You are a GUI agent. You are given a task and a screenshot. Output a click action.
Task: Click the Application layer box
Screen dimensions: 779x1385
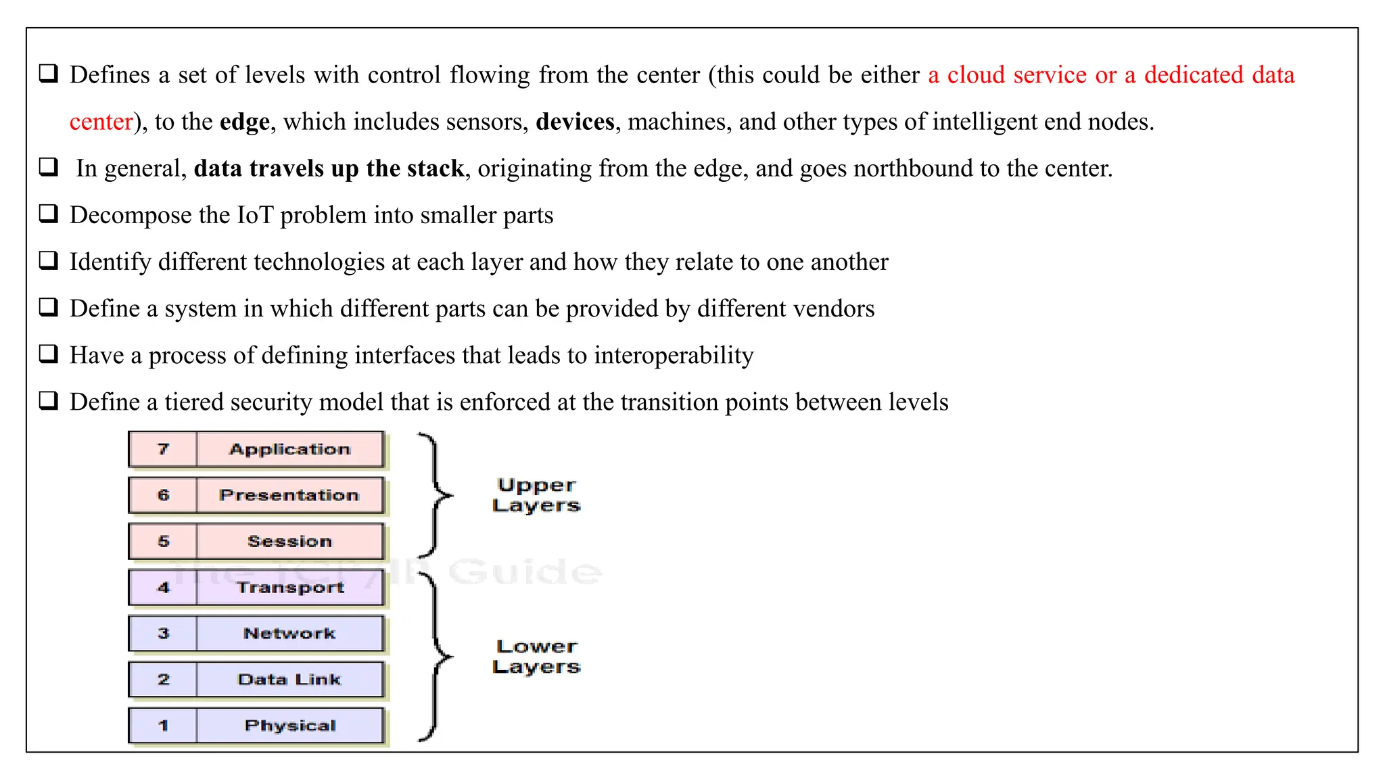click(x=289, y=450)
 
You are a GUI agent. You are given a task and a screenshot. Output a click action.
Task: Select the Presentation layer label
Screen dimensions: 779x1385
click(x=289, y=496)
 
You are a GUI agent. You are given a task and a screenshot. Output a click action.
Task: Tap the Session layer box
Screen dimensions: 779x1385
click(x=289, y=542)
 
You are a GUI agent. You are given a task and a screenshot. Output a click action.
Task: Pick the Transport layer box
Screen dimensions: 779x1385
click(x=289, y=588)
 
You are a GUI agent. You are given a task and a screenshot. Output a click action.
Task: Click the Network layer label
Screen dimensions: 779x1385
click(x=289, y=634)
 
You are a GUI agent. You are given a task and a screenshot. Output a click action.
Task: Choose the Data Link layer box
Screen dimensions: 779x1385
click(x=289, y=680)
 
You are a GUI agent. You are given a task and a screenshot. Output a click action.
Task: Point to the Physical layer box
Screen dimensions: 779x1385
click(x=289, y=726)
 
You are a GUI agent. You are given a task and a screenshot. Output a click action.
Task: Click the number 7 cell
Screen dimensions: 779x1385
click(x=163, y=450)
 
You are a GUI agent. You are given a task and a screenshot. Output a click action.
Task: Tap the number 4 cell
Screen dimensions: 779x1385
click(x=163, y=588)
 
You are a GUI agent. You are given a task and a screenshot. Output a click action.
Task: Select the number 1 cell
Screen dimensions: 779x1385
click(x=163, y=726)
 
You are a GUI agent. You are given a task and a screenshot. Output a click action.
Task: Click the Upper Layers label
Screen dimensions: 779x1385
click(x=536, y=496)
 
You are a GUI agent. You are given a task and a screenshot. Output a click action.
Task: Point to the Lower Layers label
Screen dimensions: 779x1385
click(x=536, y=657)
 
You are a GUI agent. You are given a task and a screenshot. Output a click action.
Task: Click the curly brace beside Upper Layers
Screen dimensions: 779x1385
click(x=434, y=496)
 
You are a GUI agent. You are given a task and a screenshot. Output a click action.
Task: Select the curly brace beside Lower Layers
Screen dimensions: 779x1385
click(x=434, y=656)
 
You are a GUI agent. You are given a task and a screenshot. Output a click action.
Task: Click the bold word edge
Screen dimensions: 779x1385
click(x=244, y=122)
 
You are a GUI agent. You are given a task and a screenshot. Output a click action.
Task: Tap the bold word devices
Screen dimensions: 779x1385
click(x=575, y=122)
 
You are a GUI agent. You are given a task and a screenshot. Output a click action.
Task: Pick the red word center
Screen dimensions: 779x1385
click(x=101, y=122)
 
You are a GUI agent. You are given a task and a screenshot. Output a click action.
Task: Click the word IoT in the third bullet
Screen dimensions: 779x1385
click(x=254, y=215)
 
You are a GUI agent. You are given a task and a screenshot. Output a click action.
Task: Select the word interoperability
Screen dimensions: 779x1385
click(x=674, y=355)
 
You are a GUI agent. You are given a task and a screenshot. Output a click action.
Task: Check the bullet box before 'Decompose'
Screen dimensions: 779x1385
click(x=49, y=214)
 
